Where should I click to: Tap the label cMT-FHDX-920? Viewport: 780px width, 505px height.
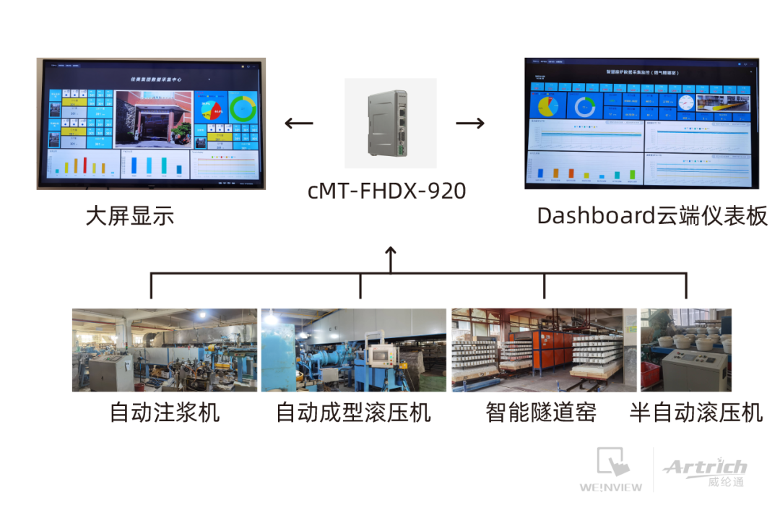coord(386,191)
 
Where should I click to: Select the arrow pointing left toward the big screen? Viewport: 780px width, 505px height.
coord(299,123)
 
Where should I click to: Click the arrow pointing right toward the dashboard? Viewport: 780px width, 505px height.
coord(470,123)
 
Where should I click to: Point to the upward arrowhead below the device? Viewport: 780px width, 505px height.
coord(391,252)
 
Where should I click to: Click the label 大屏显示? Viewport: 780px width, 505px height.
coord(130,216)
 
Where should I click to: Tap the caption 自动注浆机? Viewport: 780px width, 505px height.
coord(165,413)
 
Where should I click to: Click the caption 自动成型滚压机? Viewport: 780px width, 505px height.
coord(353,413)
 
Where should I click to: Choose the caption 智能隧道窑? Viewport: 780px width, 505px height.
coord(541,413)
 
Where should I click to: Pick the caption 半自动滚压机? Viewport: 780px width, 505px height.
coord(696,413)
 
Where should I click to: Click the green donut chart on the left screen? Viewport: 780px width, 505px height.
coord(243,109)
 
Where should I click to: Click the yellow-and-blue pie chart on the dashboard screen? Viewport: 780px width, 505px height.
coord(547,106)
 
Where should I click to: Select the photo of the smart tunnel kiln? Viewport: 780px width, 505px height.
coord(544,350)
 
